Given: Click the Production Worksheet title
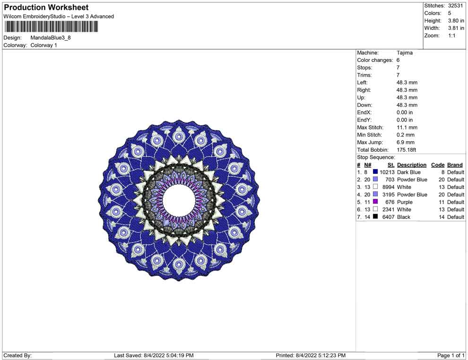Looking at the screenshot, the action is (46, 8).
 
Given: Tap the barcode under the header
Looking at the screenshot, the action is (51, 26).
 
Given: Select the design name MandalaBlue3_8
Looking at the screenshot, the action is (51, 38).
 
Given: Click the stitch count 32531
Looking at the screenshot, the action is (455, 6).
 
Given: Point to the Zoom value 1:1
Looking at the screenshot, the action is (451, 35).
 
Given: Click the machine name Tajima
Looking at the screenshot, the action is (405, 53).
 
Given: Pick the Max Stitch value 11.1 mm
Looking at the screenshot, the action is (407, 128).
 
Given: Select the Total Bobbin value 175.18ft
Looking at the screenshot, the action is (406, 150).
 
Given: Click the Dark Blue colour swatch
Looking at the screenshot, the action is (375, 172).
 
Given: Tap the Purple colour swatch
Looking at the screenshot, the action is (375, 202).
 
